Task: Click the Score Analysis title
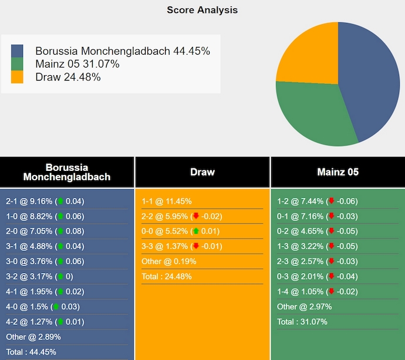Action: (x=202, y=10)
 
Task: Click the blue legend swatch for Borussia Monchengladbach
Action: (x=17, y=51)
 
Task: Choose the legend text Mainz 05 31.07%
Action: (x=77, y=64)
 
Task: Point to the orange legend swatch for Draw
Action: (x=17, y=77)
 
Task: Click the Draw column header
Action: (x=203, y=172)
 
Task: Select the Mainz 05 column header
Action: (x=338, y=172)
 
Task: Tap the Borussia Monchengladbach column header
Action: (x=67, y=172)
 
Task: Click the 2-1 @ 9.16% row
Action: (x=45, y=201)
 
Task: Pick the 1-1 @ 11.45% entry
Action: (x=167, y=201)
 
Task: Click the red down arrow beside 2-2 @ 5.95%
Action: (x=196, y=216)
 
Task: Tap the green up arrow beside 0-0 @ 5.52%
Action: (x=196, y=231)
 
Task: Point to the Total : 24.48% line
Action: (x=167, y=276)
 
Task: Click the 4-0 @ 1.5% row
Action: (x=43, y=307)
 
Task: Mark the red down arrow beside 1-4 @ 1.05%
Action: (x=332, y=291)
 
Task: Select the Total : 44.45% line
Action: (x=31, y=352)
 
